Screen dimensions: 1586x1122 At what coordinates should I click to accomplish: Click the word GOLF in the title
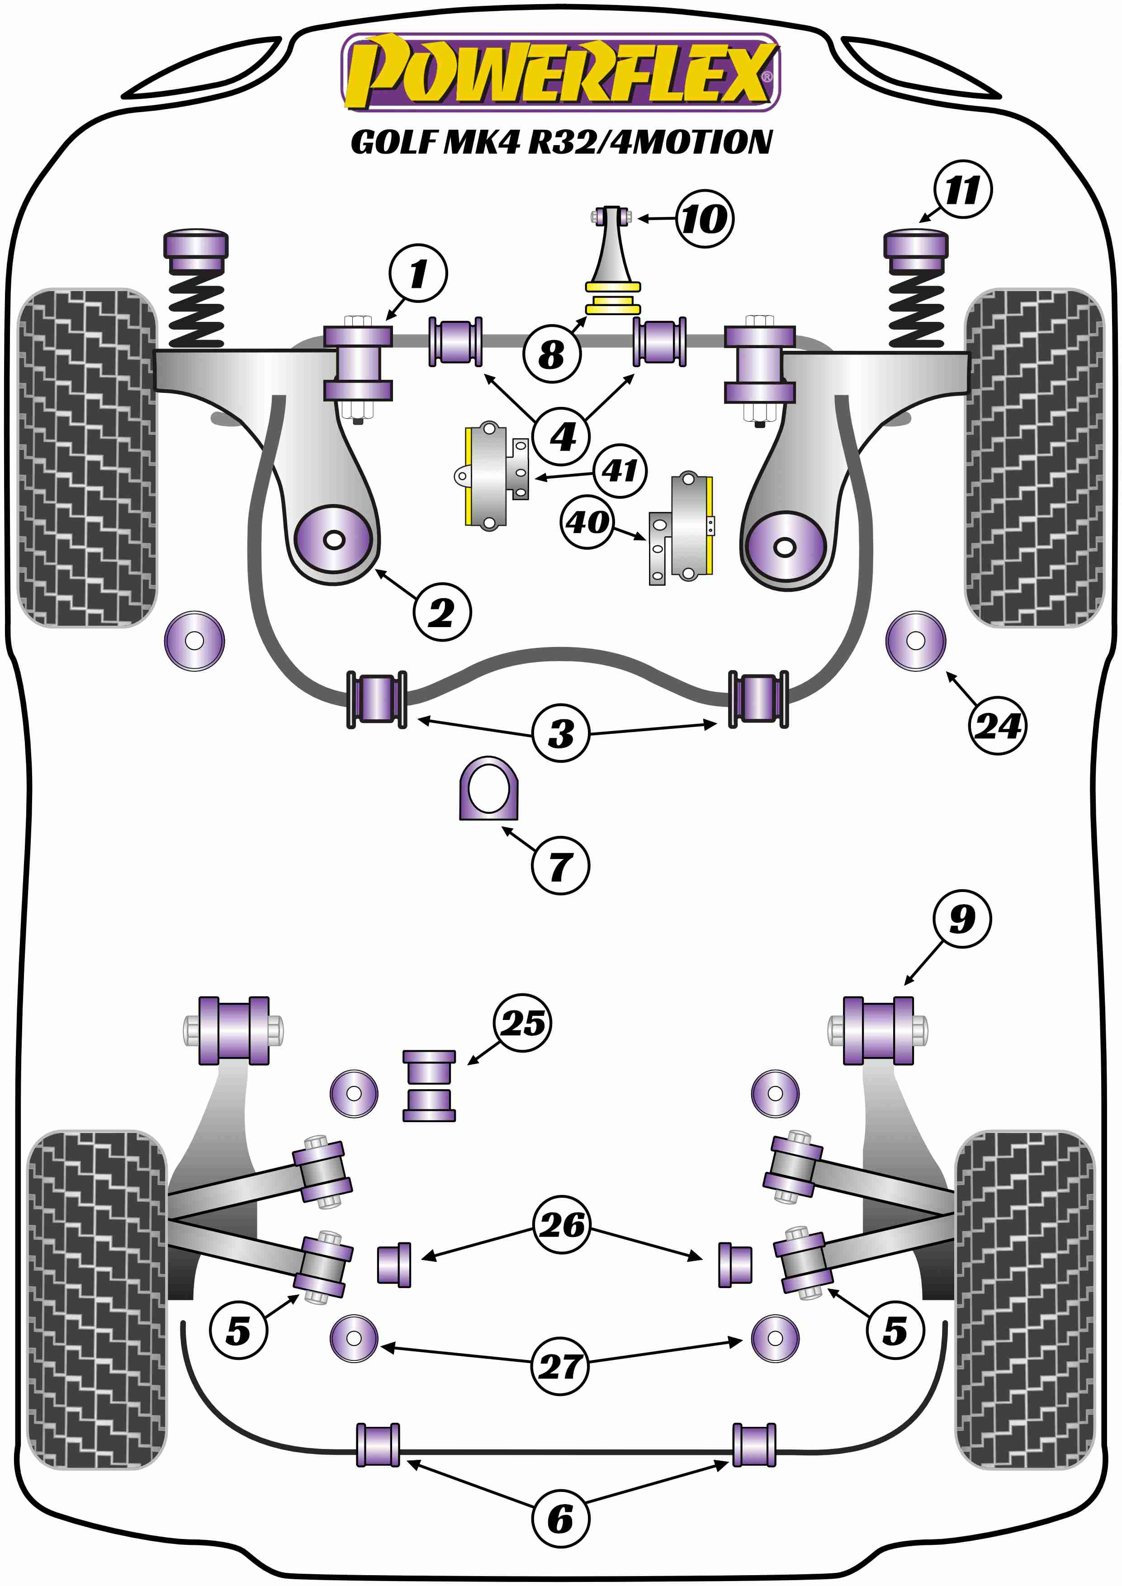pyautogui.click(x=394, y=143)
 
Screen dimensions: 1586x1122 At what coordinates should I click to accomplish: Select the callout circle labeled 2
pyautogui.click(x=442, y=612)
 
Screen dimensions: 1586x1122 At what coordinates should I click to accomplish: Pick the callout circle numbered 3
pyautogui.click(x=561, y=733)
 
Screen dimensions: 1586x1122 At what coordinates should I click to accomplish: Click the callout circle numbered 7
pyautogui.click(x=560, y=865)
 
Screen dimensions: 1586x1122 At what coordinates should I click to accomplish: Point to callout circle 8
pyautogui.click(x=551, y=354)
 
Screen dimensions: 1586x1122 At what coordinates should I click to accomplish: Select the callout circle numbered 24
pyautogui.click(x=997, y=725)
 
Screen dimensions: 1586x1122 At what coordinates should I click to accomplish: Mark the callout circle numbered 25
pyautogui.click(x=523, y=1023)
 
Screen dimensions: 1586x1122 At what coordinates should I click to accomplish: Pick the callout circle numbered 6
pyautogui.click(x=560, y=1519)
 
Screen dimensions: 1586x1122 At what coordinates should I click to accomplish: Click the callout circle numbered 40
pyautogui.click(x=588, y=522)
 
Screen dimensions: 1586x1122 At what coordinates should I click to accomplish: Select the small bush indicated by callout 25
pyautogui.click(x=429, y=1086)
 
